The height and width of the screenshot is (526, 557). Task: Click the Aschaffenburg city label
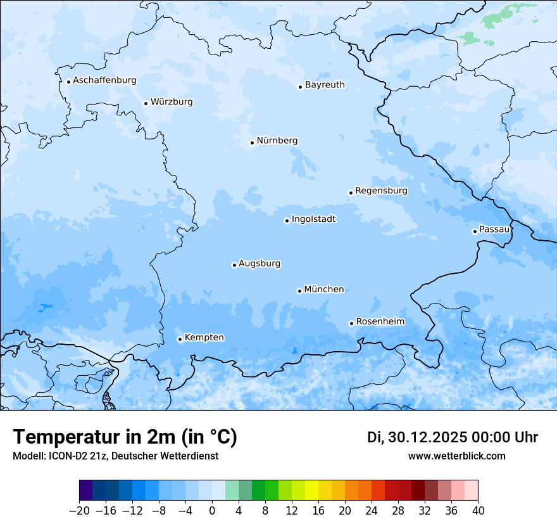coord(104,80)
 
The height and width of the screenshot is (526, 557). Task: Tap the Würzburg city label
coord(172,102)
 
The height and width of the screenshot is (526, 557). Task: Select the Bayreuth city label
coord(325,85)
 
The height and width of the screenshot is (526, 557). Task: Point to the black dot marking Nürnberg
coord(252,143)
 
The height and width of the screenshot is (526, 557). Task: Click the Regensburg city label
coord(381,191)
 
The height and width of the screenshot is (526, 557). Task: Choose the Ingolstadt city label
coord(313,219)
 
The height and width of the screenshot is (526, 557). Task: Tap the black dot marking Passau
coord(475,231)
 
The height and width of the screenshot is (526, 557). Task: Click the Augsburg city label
coord(260,264)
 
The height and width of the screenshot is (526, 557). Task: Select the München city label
coord(324,290)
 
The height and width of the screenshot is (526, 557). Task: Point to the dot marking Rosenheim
coord(351,323)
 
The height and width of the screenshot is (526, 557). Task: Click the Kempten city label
coord(204,338)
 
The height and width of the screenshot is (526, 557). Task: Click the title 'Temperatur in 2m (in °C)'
coord(125,437)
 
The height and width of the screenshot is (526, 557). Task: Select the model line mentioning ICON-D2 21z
coord(115,456)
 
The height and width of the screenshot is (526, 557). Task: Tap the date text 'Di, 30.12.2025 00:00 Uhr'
coord(453,437)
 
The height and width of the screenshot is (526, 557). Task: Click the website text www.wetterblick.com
coord(456,456)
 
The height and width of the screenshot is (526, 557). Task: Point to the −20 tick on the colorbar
coord(79,511)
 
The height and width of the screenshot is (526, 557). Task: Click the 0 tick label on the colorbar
coord(212,511)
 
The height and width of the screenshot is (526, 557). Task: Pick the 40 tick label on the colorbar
coord(478,511)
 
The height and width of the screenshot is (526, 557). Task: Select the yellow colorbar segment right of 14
coord(311,491)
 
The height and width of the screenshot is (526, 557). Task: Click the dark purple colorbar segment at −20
coord(86,491)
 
